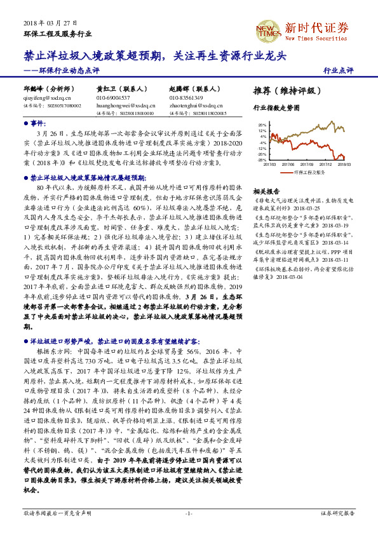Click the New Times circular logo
pos(266,28)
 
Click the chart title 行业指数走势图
pos(276,109)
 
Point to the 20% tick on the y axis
pos(262,126)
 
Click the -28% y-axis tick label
pos(262,160)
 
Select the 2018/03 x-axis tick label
pos(344,164)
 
